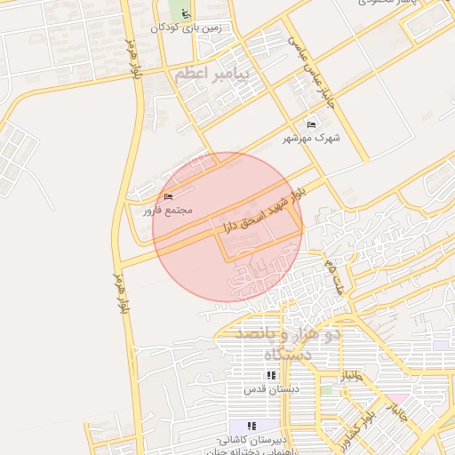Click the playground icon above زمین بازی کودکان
tap(185, 14)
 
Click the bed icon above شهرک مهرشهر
tap(310, 124)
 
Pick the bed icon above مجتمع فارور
tap(169, 197)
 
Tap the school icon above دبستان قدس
tap(271, 376)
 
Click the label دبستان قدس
tap(273, 389)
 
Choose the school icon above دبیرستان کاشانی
tap(252, 426)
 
